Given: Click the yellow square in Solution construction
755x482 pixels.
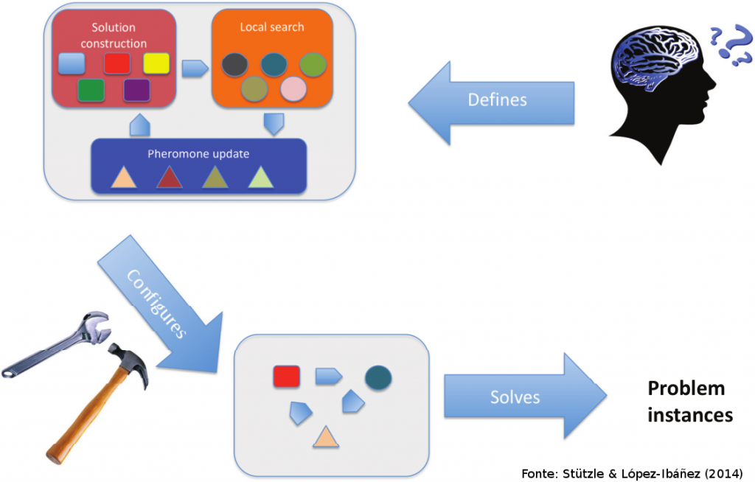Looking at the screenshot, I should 156,64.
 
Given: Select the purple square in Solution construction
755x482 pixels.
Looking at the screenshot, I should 136,90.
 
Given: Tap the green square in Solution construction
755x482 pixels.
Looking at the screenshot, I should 91,90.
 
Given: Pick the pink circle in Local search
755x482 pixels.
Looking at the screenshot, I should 293,88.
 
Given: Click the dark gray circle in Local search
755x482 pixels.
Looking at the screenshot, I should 234,64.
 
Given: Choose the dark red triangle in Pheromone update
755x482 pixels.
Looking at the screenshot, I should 169,178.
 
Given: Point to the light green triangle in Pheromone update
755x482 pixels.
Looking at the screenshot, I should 261,178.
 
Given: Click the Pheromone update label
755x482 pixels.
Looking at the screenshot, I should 198,154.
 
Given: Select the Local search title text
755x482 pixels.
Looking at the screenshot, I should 271,27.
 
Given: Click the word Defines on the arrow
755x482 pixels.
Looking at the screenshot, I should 498,99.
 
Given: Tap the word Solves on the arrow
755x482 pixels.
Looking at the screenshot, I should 515,397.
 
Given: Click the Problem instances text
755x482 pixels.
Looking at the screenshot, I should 689,402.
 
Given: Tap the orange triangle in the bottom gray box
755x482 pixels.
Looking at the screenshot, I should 325,438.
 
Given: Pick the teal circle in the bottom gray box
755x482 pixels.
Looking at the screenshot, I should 378,377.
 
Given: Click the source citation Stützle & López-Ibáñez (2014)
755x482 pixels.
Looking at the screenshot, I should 632,472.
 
